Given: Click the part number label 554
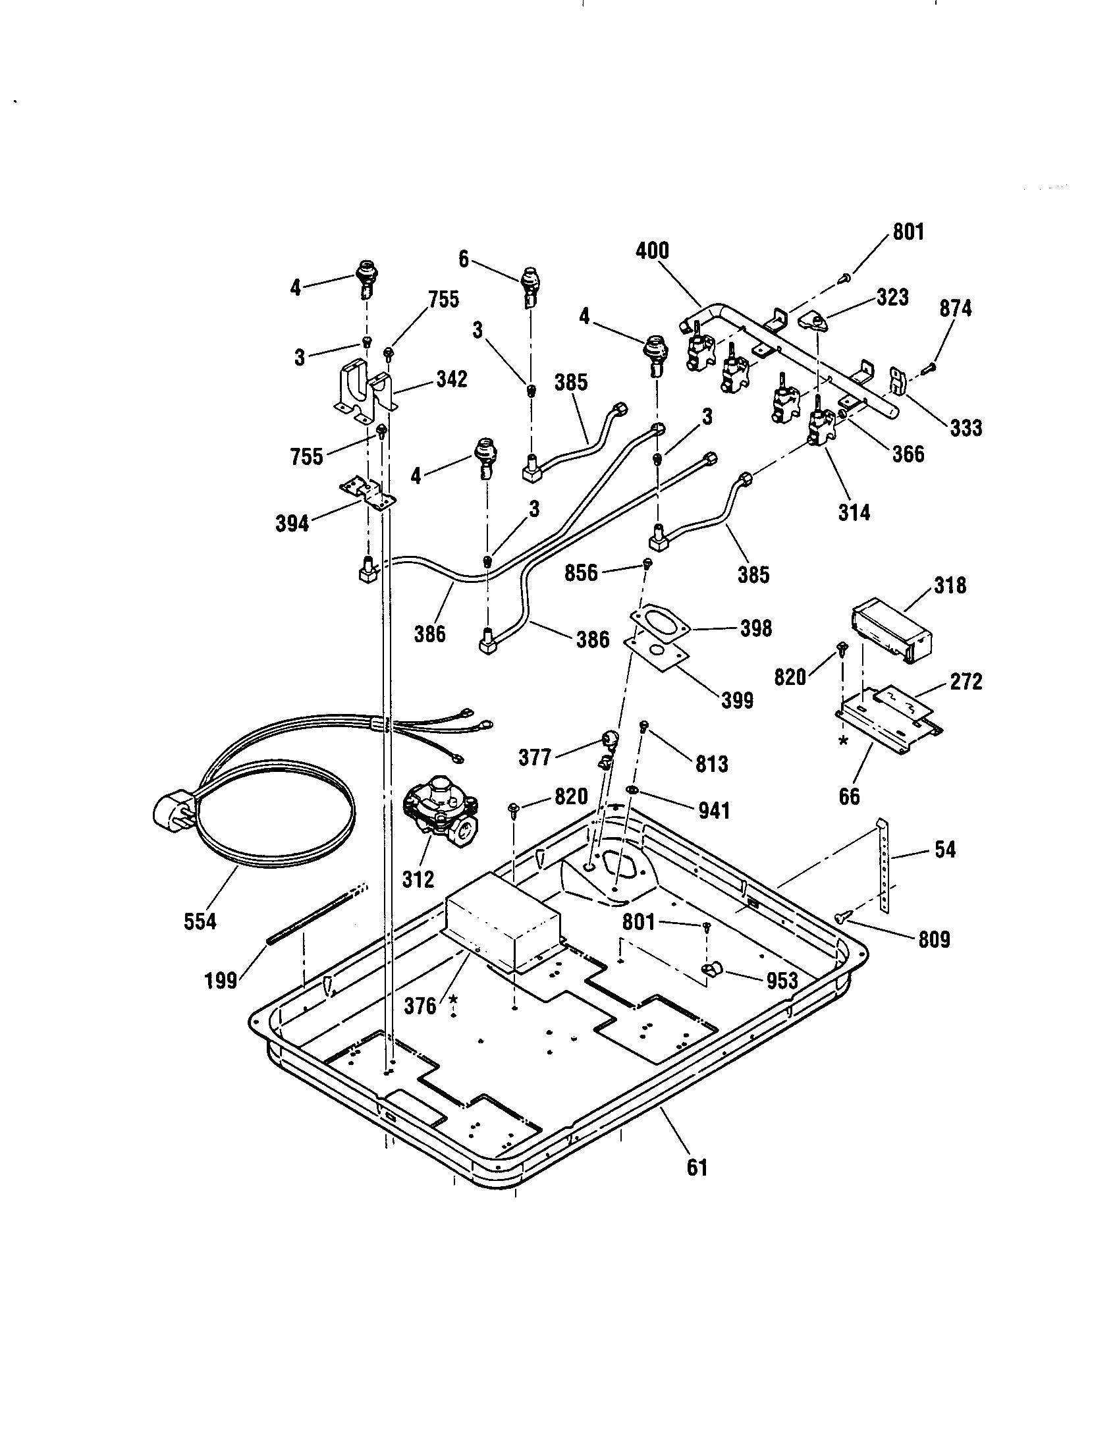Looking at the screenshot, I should (x=200, y=921).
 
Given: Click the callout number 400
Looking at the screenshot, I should (x=652, y=251).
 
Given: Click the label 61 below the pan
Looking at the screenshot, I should (x=697, y=1168).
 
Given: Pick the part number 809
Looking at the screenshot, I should (x=934, y=939).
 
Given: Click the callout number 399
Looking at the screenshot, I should (x=737, y=700).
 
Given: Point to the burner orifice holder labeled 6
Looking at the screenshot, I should (x=530, y=287).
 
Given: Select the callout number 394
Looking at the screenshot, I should (x=292, y=524).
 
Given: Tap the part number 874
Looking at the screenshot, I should (x=955, y=308).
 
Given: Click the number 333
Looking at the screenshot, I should (x=965, y=428).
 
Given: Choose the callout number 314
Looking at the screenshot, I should (x=854, y=512).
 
